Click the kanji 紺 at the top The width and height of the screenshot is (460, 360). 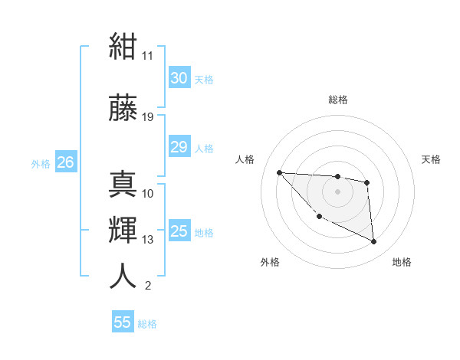pyautogui.click(x=123, y=46)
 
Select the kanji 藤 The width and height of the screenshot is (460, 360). pyautogui.click(x=123, y=107)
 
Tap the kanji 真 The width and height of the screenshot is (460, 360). pyautogui.click(x=123, y=184)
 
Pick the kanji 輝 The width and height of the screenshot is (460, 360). pyautogui.click(x=123, y=230)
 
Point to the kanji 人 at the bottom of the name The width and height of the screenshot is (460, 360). pyautogui.click(x=123, y=276)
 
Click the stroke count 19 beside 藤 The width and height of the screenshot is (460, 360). pyautogui.click(x=147, y=117)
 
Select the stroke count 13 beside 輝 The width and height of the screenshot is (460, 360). pyautogui.click(x=147, y=240)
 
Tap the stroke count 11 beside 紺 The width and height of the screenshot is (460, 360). pyautogui.click(x=147, y=56)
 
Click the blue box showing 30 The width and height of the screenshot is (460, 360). pyautogui.click(x=179, y=77)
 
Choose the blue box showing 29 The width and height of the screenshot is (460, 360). pyautogui.click(x=179, y=146)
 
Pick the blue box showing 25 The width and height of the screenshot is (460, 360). pyautogui.click(x=179, y=230)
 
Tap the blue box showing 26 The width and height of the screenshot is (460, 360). pyautogui.click(x=66, y=162)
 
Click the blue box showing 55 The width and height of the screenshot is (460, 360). pyautogui.click(x=123, y=321)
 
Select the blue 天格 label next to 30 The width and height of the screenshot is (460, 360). pyautogui.click(x=204, y=80)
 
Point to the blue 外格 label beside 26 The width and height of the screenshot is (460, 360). pyautogui.click(x=41, y=164)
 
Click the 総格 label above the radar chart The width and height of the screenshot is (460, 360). pyautogui.click(x=338, y=100)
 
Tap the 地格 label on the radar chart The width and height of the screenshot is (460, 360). pyautogui.click(x=402, y=262)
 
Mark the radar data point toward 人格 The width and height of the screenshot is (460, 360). pyautogui.click(x=280, y=172)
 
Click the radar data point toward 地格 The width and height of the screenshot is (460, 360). pyautogui.click(x=373, y=241)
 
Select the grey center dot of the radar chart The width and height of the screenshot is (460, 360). pyautogui.click(x=337, y=191)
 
